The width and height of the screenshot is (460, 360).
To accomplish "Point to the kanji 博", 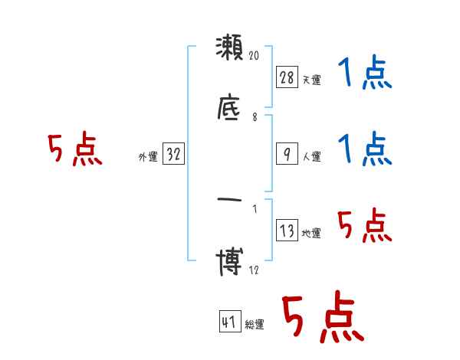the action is (x=230, y=264).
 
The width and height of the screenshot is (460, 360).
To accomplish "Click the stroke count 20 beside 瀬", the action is (x=256, y=56).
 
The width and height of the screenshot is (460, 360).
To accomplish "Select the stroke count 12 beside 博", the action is (x=255, y=270).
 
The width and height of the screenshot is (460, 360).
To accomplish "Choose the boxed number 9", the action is (x=287, y=154).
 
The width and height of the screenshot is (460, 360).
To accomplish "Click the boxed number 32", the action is (x=174, y=154).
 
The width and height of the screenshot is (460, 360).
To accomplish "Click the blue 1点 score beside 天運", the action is (x=364, y=74).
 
